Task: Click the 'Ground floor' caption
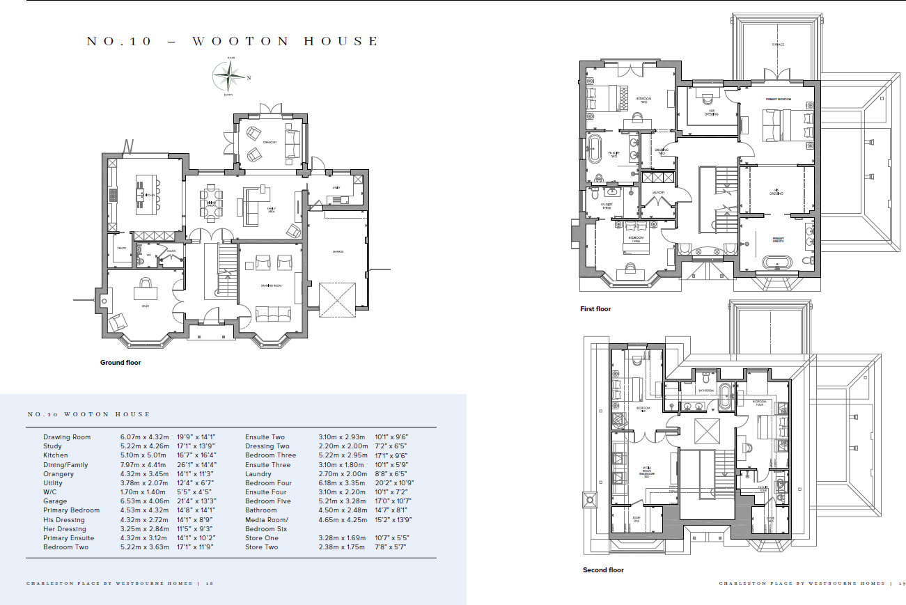[121, 363]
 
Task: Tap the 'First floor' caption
[595, 309]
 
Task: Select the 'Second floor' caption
[603, 570]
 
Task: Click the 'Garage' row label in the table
[55, 501]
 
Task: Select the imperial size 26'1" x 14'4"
[196, 465]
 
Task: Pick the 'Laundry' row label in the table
[258, 474]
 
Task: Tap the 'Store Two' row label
[261, 547]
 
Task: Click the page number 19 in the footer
[901, 583]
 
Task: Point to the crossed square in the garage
[338, 300]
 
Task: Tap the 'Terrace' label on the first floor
[777, 45]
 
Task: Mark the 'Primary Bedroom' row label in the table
[71, 510]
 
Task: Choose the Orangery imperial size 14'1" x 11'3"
[196, 474]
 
